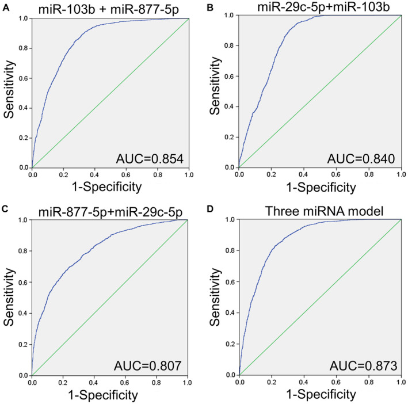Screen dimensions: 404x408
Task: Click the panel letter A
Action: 4,5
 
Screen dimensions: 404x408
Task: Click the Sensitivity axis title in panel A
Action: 10,92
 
